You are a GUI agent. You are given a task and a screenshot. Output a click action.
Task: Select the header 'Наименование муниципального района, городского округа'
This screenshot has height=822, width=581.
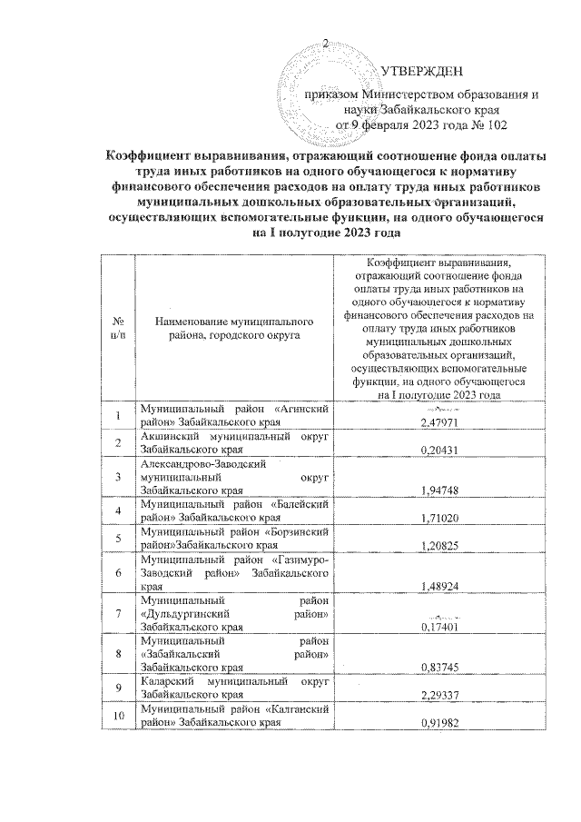coord(234,329)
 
